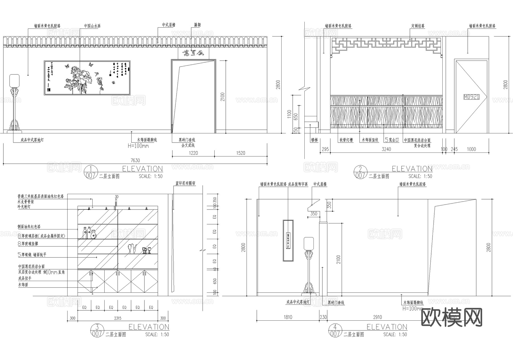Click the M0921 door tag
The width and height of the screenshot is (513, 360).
click(471, 97)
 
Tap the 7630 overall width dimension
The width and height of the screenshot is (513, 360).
click(135, 160)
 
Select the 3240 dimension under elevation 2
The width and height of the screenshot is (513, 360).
click(386, 149)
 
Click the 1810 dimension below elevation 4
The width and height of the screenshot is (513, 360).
click(288, 317)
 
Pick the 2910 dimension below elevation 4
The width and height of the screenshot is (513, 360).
click(377, 317)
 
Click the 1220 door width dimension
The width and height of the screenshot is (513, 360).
click(193, 153)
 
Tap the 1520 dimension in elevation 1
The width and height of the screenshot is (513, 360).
click(241, 153)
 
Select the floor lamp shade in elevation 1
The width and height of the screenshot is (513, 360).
click(14, 80)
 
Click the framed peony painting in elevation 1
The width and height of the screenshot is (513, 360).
click(87, 78)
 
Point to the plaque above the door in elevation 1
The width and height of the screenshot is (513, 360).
click(194, 53)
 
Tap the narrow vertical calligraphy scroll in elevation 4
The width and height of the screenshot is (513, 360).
click(288, 240)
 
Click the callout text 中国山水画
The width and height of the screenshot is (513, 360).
click(92, 26)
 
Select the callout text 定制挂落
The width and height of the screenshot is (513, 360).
click(418, 26)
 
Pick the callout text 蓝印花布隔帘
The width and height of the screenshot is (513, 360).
click(185, 183)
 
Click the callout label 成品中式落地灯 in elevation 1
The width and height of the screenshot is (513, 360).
click(32, 140)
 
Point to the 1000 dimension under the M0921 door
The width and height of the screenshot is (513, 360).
click(471, 149)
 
